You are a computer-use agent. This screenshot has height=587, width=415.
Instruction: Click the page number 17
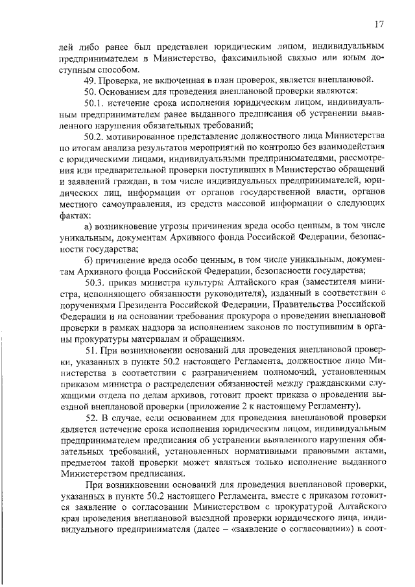click(x=381, y=24)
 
